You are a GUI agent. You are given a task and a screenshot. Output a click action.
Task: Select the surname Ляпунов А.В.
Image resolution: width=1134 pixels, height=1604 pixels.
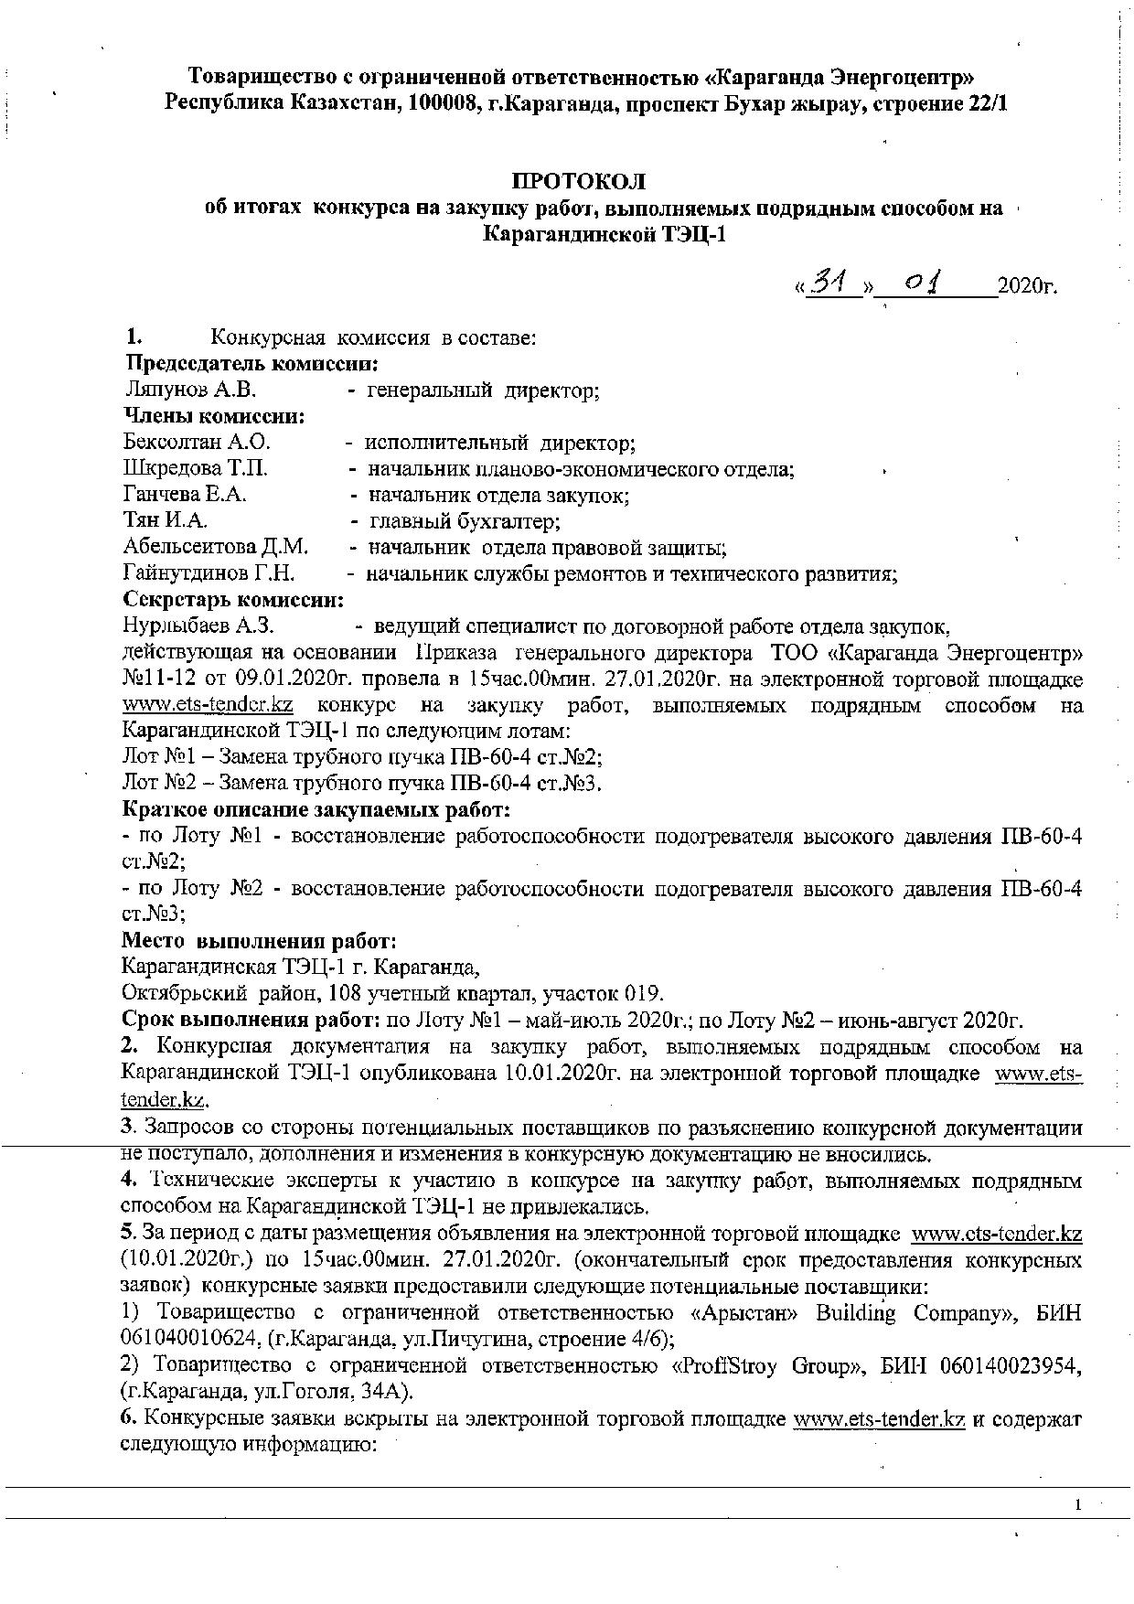click(191, 390)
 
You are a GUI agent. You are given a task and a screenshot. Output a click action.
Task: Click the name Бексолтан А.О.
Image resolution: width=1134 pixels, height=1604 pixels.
click(198, 444)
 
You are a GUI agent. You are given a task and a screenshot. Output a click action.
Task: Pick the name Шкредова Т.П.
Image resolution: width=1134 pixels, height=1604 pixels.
click(196, 469)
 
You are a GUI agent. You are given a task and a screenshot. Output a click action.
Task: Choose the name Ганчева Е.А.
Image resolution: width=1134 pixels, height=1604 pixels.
click(186, 496)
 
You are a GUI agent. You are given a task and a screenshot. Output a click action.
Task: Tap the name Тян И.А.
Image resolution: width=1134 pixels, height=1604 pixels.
click(166, 521)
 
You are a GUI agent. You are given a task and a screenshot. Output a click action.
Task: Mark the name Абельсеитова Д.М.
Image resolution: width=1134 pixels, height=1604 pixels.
click(216, 548)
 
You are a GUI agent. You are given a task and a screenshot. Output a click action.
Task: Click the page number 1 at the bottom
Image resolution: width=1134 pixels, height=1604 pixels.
click(1079, 1505)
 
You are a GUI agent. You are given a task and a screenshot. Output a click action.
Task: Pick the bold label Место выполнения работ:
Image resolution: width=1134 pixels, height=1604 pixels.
click(260, 941)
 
